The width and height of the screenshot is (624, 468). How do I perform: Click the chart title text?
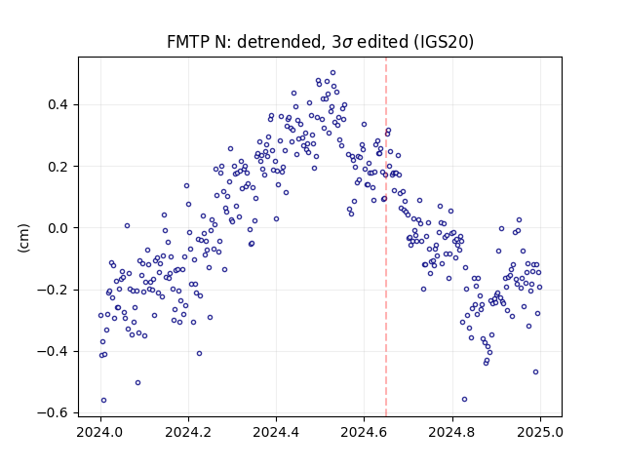click(x=320, y=42)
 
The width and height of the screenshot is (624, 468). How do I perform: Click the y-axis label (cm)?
click(x=23, y=238)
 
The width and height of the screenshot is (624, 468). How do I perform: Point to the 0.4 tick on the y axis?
click(x=58, y=104)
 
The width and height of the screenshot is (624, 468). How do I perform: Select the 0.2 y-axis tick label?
click(x=58, y=167)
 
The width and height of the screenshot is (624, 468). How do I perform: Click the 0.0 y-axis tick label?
click(x=58, y=228)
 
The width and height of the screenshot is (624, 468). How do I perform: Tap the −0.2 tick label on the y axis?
click(x=53, y=290)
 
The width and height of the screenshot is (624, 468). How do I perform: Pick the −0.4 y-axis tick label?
click(x=53, y=351)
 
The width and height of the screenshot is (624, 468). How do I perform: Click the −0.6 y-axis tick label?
click(x=53, y=412)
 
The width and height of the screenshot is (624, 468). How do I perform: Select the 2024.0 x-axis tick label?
click(x=100, y=432)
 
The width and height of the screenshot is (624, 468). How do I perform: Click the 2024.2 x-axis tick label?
click(x=188, y=432)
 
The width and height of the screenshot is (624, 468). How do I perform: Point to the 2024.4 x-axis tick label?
click(x=276, y=432)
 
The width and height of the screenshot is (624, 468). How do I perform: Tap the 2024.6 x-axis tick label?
click(x=364, y=432)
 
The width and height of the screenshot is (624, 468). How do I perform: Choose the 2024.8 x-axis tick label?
click(x=452, y=432)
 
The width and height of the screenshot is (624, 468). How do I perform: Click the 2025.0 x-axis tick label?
click(x=540, y=432)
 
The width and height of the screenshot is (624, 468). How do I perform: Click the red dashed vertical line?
click(x=386, y=237)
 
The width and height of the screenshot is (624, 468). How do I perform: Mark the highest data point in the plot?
click(x=333, y=73)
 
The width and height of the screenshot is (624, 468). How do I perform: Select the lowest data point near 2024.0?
click(x=103, y=401)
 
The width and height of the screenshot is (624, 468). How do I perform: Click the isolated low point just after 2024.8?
click(x=464, y=399)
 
